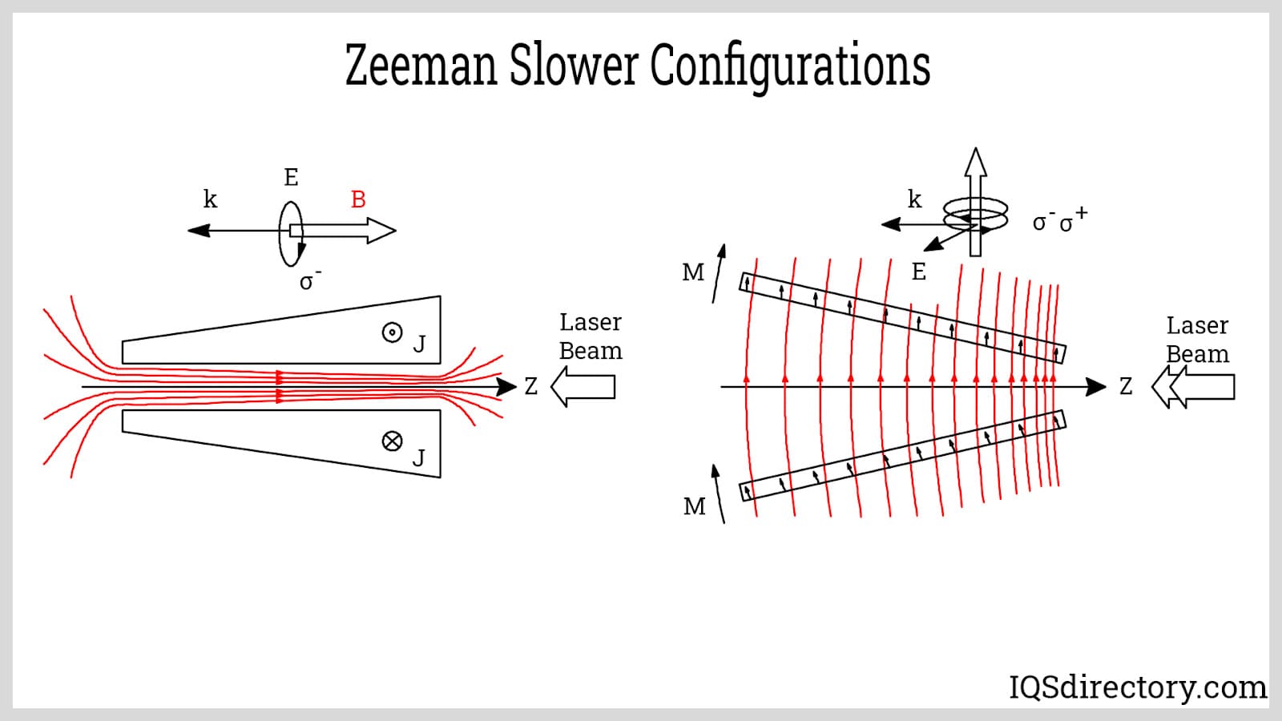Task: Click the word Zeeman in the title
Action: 421,66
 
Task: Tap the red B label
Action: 358,199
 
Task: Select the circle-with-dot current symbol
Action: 392,332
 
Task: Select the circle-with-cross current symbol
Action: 392,441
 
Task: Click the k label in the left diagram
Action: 210,199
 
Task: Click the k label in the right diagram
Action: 914,199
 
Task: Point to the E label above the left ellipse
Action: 291,177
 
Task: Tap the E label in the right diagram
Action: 919,272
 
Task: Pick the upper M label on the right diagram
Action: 693,273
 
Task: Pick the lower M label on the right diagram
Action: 695,506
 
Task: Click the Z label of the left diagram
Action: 530,387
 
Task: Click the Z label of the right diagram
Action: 1126,387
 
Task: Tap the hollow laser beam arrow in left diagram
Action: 583,387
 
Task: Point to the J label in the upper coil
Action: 419,344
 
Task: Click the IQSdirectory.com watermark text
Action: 1138,687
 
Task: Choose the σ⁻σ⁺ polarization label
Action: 1059,220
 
